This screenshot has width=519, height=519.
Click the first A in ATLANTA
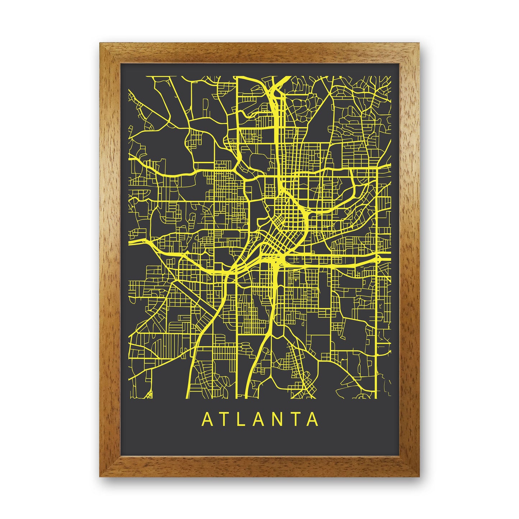[208, 419]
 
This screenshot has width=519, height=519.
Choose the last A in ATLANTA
[313, 419]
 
